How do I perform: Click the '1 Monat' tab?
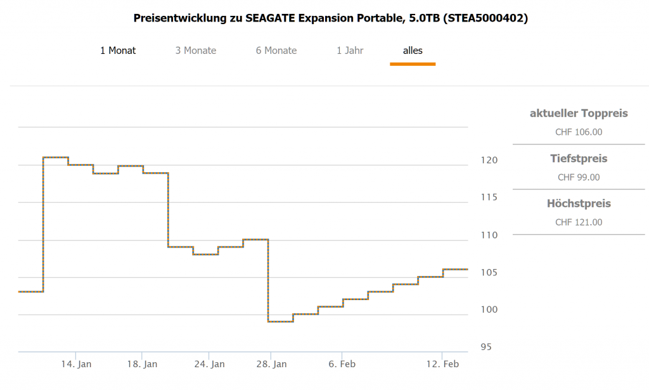pos(118,51)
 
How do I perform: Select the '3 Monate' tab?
pos(196,51)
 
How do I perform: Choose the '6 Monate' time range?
pos(276,51)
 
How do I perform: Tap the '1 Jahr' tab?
pos(350,51)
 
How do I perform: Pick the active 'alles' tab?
pos(413,51)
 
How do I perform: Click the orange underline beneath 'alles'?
pos(413,64)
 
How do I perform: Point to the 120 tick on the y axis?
pos(488,160)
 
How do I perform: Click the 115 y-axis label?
pos(488,198)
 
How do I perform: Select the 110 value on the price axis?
pos(488,235)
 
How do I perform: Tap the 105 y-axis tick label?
pos(488,272)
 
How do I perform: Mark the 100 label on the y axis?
pos(488,310)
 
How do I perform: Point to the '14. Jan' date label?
pos(75,364)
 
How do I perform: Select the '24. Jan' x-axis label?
pos(209,364)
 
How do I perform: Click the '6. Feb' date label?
pos(342,364)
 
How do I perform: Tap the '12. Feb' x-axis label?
pos(442,364)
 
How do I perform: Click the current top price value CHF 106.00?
pos(579,132)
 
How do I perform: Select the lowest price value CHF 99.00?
pos(579,177)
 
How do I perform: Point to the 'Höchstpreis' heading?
pos(579,204)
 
